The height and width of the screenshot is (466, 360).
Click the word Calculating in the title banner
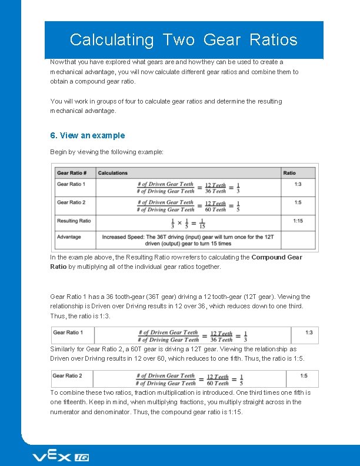tap(111, 39)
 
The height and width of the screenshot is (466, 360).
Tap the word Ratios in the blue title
tap(274, 39)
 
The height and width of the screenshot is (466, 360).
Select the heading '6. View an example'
tap(88, 135)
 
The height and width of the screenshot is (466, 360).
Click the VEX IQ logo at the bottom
tap(60, 457)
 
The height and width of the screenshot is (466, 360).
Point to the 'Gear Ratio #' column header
tap(72, 173)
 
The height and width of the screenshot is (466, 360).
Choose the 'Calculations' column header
tap(112, 173)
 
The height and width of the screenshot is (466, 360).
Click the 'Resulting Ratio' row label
tap(74, 221)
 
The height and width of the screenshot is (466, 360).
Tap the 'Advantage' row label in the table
tap(69, 237)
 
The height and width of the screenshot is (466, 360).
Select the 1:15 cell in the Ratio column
tap(298, 221)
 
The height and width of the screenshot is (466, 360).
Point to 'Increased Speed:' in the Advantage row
tap(122, 237)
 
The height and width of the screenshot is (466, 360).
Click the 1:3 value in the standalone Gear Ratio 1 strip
tap(309, 332)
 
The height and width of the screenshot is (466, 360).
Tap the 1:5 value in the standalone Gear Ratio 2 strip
tap(304, 375)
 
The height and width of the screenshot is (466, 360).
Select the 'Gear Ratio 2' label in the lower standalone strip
tap(67, 375)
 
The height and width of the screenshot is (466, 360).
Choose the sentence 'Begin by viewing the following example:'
tap(106, 152)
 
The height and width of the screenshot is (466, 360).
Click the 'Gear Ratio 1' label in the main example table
tap(71, 184)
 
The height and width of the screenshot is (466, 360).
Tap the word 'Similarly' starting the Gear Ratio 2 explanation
tap(63, 349)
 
